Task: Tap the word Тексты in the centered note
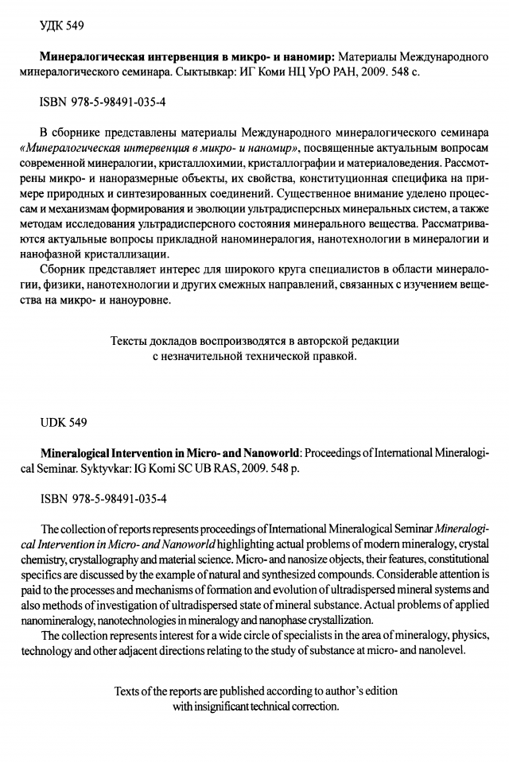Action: (134, 341)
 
